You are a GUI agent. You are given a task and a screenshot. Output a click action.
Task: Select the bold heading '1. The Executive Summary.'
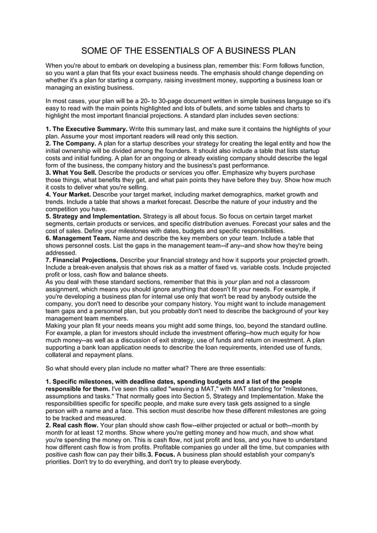point(86,129)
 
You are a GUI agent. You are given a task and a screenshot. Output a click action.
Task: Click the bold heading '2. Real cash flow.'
point(73,425)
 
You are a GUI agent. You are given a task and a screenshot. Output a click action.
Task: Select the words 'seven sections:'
point(274,116)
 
